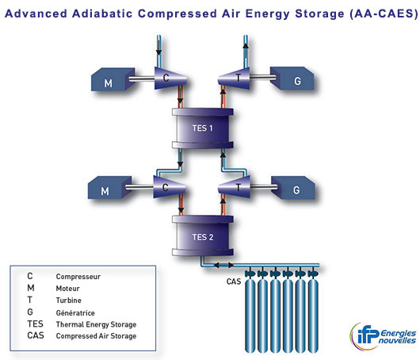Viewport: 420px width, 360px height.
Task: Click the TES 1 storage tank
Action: coord(203,128)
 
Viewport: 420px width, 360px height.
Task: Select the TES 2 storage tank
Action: coord(203,236)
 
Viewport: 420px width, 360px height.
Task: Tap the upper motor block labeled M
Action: coord(113,79)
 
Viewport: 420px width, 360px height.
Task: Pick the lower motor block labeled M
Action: coord(109,187)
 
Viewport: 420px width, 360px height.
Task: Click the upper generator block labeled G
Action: coord(292,79)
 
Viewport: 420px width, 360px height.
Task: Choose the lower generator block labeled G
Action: coord(293,188)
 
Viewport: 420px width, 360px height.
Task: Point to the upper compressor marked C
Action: coord(170,78)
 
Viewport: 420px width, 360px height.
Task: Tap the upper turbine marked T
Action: coord(234,78)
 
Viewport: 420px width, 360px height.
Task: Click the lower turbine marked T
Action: coord(234,187)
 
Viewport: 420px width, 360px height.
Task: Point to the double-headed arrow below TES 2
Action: coord(223,265)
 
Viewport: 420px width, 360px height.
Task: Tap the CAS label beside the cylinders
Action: coord(234,281)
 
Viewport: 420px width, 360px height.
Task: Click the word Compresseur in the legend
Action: coord(78,277)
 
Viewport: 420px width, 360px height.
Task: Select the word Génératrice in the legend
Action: coord(75,313)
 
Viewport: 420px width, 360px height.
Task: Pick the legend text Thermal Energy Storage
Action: coord(96,324)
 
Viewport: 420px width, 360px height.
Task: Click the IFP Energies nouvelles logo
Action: coord(383,336)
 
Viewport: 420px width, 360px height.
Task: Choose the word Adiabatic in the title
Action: coord(102,13)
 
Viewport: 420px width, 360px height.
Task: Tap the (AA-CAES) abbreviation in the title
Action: coord(384,13)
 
